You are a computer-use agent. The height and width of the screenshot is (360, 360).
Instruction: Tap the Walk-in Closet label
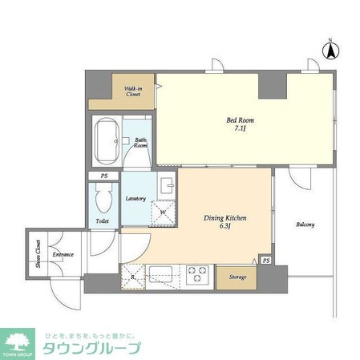click(x=133, y=91)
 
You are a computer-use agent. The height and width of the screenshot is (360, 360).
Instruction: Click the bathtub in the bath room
click(x=106, y=141)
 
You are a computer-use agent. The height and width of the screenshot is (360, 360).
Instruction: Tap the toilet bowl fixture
click(x=102, y=197)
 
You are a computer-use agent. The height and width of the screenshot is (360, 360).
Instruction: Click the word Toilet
click(x=102, y=220)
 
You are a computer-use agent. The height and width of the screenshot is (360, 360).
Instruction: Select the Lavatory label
click(x=136, y=199)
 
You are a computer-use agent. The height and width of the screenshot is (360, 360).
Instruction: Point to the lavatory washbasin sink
click(x=165, y=186)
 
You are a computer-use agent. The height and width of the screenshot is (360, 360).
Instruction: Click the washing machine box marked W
click(x=164, y=212)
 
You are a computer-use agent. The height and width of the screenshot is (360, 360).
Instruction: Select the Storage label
click(x=238, y=277)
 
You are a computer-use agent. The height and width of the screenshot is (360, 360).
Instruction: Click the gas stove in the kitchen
click(x=198, y=275)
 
